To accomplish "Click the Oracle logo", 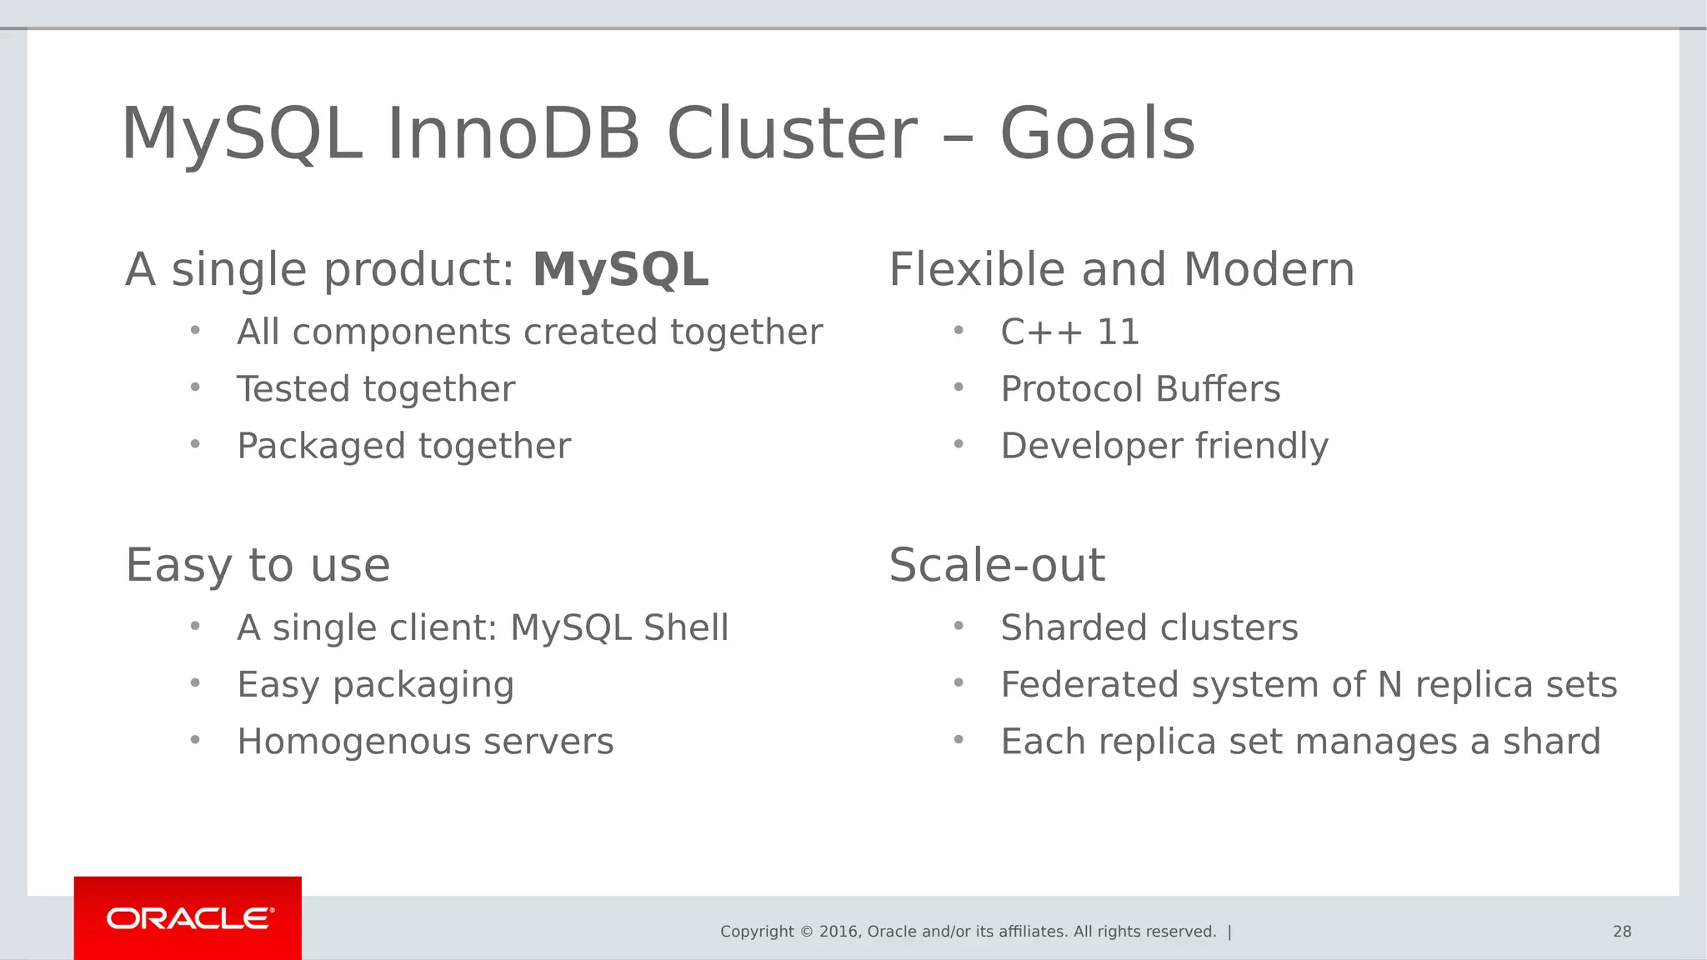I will pyautogui.click(x=188, y=918).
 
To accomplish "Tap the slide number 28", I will pyautogui.click(x=1621, y=932).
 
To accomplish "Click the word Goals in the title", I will pyautogui.click(x=1097, y=134).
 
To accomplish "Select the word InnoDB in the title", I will pyautogui.click(x=513, y=134).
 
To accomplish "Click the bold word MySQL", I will pyautogui.click(x=620, y=270).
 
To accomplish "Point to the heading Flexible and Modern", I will pyautogui.click(x=1121, y=270).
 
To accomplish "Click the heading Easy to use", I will pyautogui.click(x=258, y=566).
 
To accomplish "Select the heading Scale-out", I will pyautogui.click(x=997, y=566).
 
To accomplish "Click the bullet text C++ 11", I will pyautogui.click(x=1069, y=332).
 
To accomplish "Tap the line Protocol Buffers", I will pyautogui.click(x=1139, y=389).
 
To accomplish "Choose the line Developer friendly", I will pyautogui.click(x=1164, y=447).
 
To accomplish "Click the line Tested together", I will pyautogui.click(x=376, y=389).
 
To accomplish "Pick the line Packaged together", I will pyautogui.click(x=403, y=447).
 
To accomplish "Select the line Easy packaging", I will pyautogui.click(x=375, y=685).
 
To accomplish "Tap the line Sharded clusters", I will pyautogui.click(x=1149, y=627).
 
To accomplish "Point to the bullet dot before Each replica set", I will pyautogui.click(x=959, y=739).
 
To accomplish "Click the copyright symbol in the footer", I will pyautogui.click(x=806, y=932).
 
